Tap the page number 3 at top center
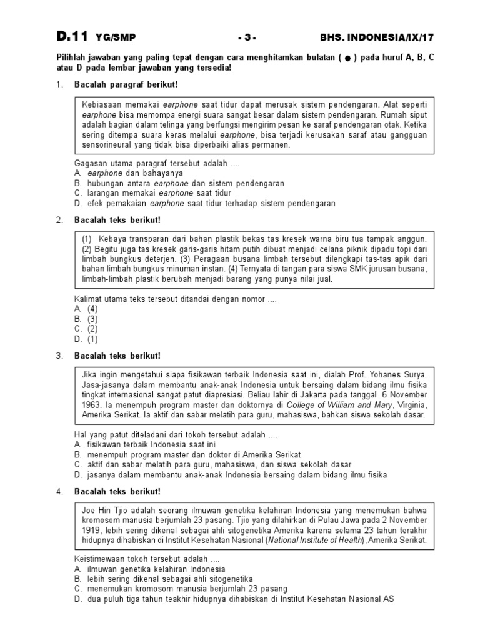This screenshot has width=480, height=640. coord(247,37)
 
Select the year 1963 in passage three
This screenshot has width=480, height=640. coord(91,404)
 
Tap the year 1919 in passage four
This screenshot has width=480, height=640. coord(91,529)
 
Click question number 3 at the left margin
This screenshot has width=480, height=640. coord(59,356)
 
